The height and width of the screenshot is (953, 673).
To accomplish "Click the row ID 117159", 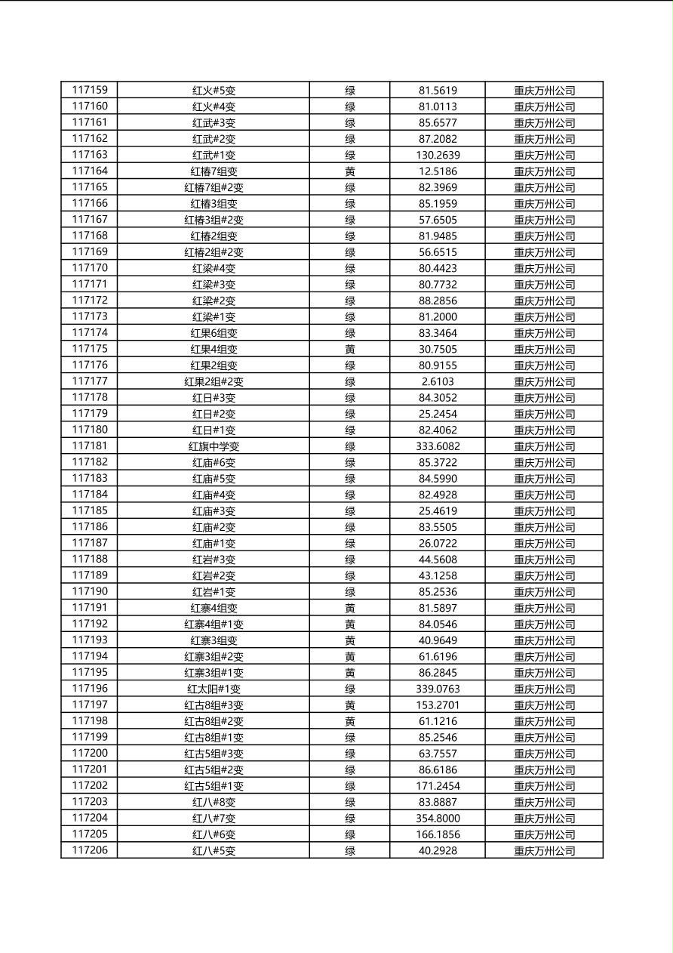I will pyautogui.click(x=90, y=90).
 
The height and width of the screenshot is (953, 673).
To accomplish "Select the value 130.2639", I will pyautogui.click(x=438, y=155).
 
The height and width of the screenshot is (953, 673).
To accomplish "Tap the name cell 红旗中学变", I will pyautogui.click(x=214, y=446).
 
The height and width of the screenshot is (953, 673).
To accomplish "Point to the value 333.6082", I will pyautogui.click(x=438, y=446).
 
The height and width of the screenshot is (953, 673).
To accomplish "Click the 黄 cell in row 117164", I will pyautogui.click(x=350, y=171).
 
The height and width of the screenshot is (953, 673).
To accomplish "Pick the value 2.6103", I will pyautogui.click(x=438, y=381).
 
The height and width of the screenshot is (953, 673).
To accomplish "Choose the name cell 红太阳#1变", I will pyautogui.click(x=214, y=689).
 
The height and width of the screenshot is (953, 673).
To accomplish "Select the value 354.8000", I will pyautogui.click(x=438, y=819).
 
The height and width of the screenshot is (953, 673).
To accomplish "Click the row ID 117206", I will pyautogui.click(x=90, y=850).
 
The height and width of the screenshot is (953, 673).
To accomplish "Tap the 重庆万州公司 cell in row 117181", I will pyautogui.click(x=544, y=446).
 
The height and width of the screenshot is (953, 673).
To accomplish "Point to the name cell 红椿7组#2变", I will pyautogui.click(x=214, y=187).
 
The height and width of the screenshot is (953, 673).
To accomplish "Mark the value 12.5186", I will pyautogui.click(x=438, y=171).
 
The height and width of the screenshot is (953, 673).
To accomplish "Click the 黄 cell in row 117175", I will pyautogui.click(x=350, y=349).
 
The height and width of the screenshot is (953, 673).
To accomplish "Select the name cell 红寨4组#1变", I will pyautogui.click(x=214, y=625).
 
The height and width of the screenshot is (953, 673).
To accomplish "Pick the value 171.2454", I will pyautogui.click(x=438, y=786).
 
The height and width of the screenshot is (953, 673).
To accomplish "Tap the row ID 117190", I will pyautogui.click(x=90, y=592).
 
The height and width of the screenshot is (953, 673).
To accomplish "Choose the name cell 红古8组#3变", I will pyautogui.click(x=214, y=705).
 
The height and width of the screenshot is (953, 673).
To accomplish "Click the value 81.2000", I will pyautogui.click(x=438, y=317).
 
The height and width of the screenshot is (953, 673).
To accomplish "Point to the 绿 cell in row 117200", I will pyautogui.click(x=350, y=754).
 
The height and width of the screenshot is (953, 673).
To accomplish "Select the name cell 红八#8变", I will pyautogui.click(x=214, y=802).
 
